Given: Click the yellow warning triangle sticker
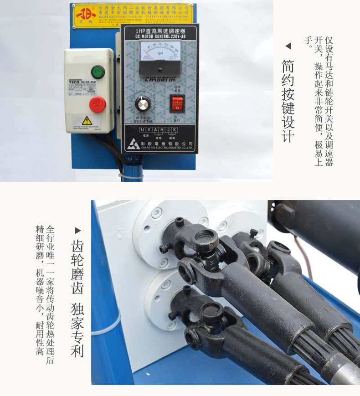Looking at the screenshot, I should tap(87, 120).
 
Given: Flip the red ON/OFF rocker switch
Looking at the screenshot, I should tap(176, 103).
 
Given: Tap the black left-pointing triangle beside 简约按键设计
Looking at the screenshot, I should tap(288, 46).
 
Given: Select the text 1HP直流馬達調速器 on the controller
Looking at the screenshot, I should tap(159, 31).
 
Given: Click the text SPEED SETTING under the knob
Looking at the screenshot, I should tap(143, 121).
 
